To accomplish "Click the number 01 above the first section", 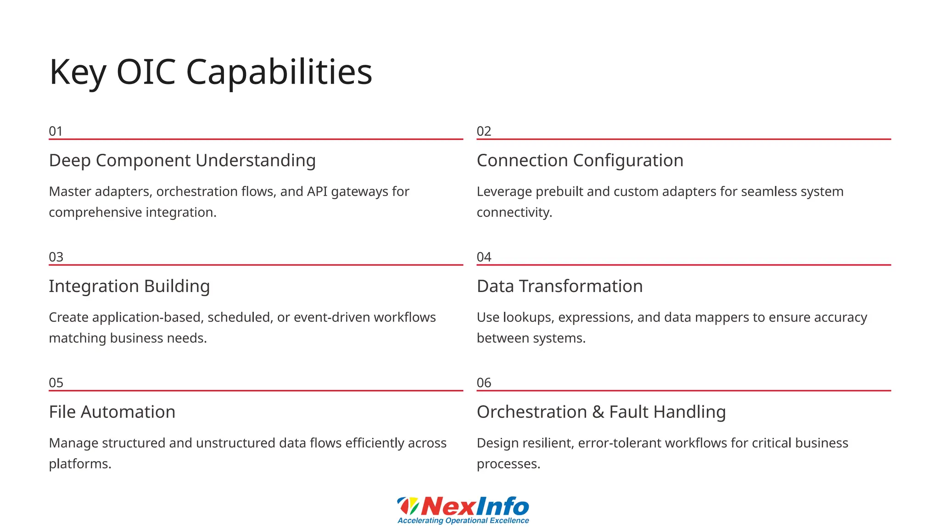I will (56, 131).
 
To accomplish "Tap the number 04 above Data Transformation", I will (484, 257).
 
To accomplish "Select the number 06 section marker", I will (484, 383).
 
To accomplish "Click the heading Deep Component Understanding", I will (182, 161).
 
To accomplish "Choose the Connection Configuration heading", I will (580, 161).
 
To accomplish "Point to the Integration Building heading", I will (129, 287).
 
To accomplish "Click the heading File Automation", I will (112, 412).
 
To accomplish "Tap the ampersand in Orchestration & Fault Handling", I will (598, 412).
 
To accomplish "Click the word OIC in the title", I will (146, 72).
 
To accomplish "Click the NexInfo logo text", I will (475, 506).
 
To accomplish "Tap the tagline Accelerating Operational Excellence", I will (463, 521).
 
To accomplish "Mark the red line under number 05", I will (256, 391).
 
